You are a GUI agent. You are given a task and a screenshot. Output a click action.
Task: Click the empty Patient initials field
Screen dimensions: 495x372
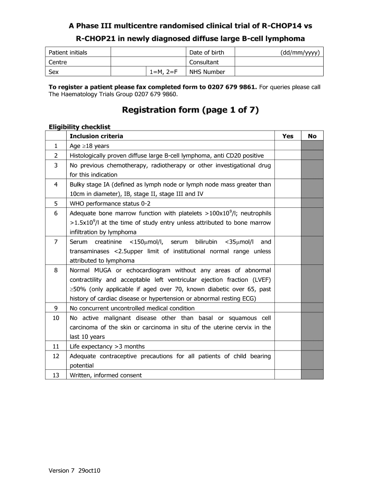(x=148, y=52)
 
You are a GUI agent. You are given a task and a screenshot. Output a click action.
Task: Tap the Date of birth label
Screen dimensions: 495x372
(x=206, y=52)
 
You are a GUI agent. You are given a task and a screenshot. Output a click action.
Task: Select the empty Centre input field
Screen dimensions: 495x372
(x=148, y=62)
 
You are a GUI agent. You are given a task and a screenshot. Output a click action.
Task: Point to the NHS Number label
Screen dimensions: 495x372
(x=207, y=72)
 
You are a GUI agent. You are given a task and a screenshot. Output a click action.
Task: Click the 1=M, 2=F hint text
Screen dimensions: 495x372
(x=163, y=72)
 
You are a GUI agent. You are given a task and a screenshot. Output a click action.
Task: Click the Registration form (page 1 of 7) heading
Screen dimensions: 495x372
(x=190, y=110)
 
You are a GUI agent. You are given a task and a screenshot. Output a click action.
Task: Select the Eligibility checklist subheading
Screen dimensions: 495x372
(x=80, y=127)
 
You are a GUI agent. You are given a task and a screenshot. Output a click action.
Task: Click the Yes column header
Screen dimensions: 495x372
(x=287, y=136)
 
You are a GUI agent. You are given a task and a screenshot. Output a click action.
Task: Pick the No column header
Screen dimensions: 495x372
(x=312, y=136)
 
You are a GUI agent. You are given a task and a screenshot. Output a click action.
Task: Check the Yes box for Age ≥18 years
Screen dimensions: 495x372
(x=287, y=146)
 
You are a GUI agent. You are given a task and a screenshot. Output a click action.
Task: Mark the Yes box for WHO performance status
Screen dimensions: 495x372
(x=287, y=204)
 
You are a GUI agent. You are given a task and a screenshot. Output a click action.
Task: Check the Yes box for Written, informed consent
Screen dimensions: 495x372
(x=287, y=375)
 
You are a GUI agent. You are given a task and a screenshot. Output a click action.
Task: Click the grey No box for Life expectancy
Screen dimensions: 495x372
(x=312, y=346)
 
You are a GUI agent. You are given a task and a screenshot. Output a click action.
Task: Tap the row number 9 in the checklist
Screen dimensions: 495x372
(x=56, y=308)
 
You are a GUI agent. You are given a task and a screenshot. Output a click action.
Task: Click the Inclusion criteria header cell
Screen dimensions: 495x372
(x=96, y=136)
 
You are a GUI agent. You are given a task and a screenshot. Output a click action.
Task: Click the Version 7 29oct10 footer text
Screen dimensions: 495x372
(x=74, y=470)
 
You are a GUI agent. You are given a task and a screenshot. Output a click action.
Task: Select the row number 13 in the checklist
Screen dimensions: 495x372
(x=56, y=375)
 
